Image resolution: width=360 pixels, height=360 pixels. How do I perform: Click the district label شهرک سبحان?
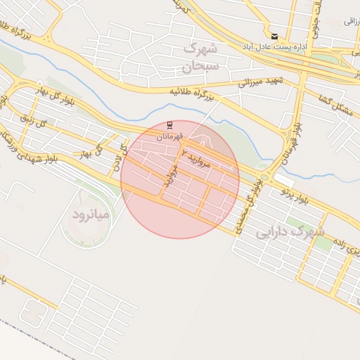[x=200, y=58]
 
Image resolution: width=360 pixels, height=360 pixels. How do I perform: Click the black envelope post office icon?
[x=274, y=37]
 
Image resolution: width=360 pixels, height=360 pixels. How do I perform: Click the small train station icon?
[x=169, y=124]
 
